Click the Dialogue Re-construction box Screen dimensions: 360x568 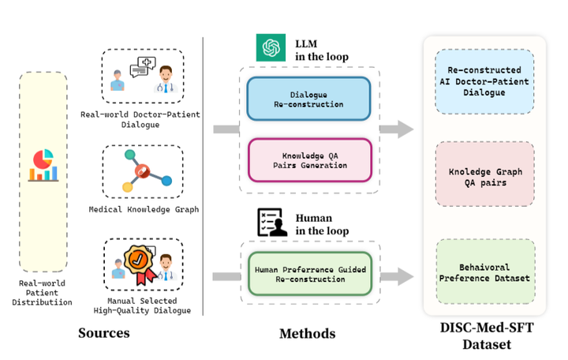point(308,99)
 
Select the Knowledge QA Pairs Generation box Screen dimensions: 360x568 point(308,160)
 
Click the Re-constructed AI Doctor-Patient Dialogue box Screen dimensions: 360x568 point(484,81)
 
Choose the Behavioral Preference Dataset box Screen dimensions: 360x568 point(484,272)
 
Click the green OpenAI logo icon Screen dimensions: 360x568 point(270,47)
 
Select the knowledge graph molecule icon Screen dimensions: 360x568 point(142,171)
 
